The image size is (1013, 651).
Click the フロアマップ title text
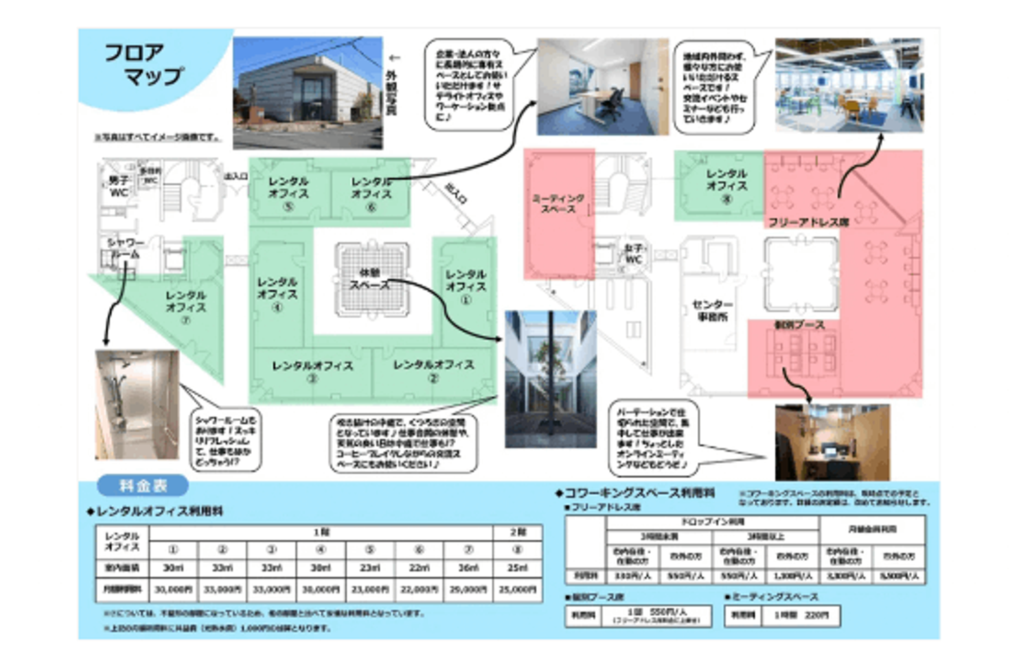[144, 64]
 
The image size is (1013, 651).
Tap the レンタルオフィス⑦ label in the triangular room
[186, 307]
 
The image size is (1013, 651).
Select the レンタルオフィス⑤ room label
[288, 193]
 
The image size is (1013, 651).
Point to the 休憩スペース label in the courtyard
[370, 279]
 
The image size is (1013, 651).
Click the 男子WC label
[119, 186]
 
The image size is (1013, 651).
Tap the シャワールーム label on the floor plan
[125, 248]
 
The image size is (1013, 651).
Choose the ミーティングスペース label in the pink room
[558, 203]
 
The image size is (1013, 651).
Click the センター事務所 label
[712, 310]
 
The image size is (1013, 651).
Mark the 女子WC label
[633, 254]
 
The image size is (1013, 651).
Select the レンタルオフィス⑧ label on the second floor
[726, 185]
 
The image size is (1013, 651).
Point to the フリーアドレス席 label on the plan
[808, 222]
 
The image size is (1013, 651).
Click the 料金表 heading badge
[143, 485]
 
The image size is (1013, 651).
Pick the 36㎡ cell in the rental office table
[468, 567]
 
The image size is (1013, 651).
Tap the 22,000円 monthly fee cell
[419, 589]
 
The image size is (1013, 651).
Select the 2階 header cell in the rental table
[517, 532]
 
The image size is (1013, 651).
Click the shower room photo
[136, 404]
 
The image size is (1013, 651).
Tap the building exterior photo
[307, 93]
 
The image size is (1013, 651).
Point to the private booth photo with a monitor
[832, 441]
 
